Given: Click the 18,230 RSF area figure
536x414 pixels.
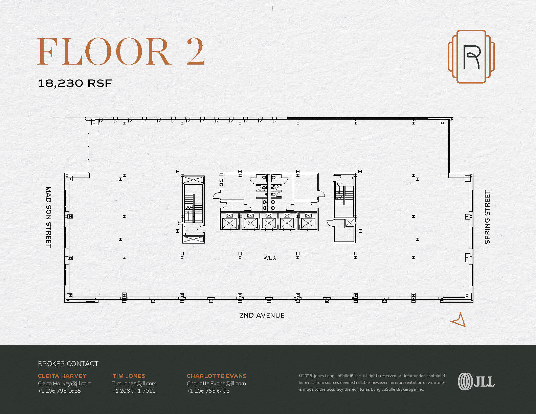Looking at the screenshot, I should (75, 83).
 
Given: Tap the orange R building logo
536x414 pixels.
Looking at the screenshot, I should (471, 56).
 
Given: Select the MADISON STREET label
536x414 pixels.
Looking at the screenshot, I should (49, 217).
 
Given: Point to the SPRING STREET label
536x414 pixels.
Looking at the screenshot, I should (487, 217).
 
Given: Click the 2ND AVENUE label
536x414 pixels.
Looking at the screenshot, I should (262, 315).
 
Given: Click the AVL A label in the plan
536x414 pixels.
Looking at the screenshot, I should (270, 258).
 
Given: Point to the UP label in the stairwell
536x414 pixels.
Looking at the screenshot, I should (339, 184).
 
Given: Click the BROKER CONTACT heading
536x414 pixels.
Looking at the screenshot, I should (68, 364).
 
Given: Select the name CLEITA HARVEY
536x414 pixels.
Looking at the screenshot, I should (62, 376).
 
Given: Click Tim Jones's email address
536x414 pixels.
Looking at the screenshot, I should (134, 383).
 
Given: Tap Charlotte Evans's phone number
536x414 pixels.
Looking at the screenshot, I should (208, 391).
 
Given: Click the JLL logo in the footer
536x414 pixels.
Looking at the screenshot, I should (476, 382).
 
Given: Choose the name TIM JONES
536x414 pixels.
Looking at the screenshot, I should (129, 376).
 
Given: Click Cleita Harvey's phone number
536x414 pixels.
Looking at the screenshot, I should (59, 391).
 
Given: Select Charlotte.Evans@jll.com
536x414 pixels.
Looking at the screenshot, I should (216, 383).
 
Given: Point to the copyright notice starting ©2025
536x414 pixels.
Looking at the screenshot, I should (372, 382).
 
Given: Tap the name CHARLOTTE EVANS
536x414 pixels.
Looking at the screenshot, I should (217, 376).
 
